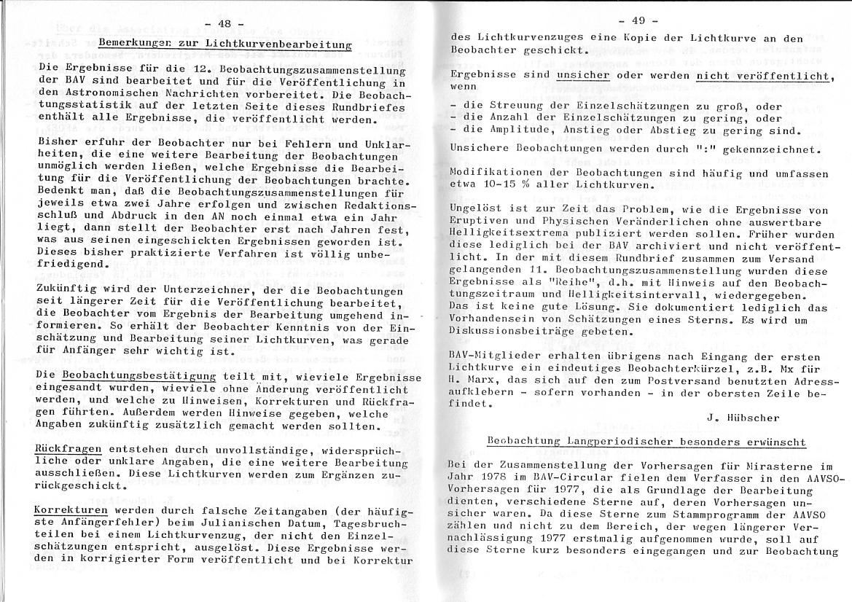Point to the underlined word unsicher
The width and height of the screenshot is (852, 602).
582,75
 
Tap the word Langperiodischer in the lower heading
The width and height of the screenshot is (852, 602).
603,442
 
